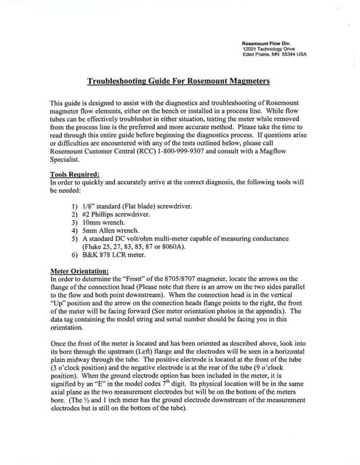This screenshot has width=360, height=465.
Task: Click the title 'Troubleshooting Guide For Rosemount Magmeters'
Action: pos(180,83)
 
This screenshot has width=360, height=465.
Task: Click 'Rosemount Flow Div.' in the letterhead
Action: pos(265,43)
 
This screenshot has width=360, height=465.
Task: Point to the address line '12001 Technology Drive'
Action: pos(267,49)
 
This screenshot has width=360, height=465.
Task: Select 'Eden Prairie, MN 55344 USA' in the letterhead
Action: pos(274,54)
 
